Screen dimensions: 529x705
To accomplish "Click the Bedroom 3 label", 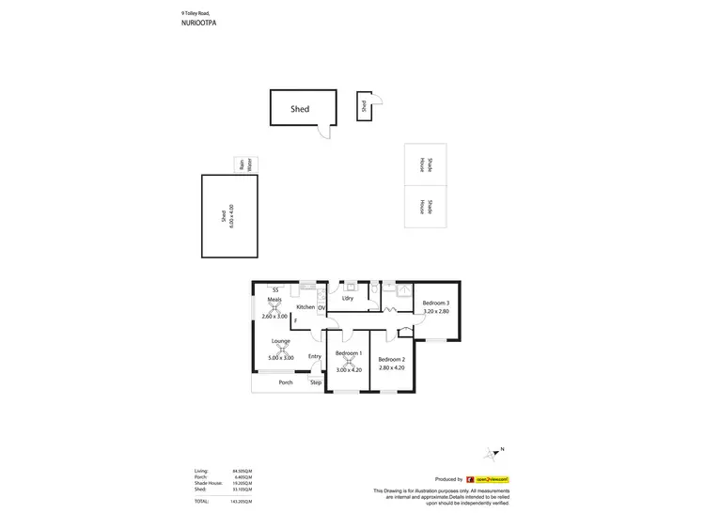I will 435,303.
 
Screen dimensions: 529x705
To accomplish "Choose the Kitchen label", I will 305,307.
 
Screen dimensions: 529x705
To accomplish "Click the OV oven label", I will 321,307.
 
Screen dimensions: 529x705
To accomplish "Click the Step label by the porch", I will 316,382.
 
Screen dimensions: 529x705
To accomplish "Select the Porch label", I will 286,382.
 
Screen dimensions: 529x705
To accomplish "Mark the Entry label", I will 314,356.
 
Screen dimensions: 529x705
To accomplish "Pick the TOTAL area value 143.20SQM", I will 243,503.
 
